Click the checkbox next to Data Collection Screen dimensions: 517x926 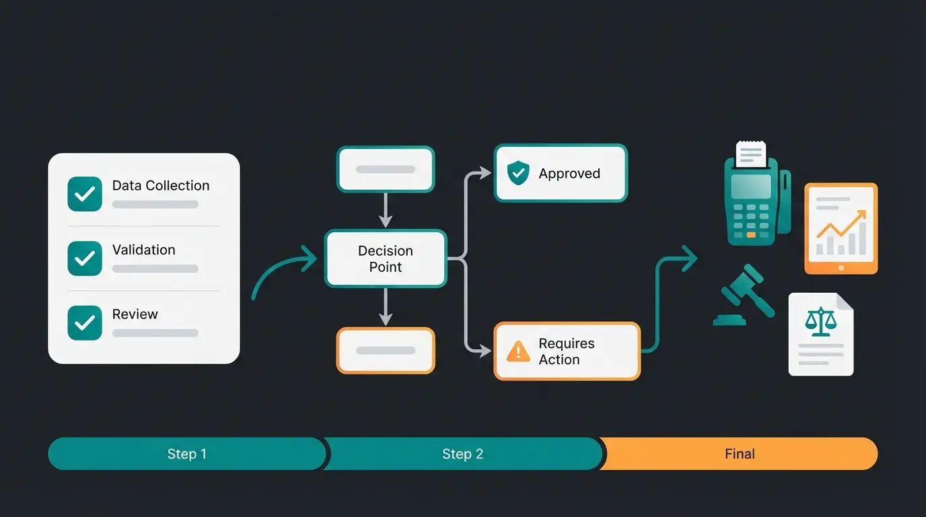point(85,195)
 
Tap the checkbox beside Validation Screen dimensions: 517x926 point(85,258)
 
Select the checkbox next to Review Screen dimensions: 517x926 point(85,323)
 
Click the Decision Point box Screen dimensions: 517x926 point(386,258)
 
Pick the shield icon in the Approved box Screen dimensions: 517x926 point(518,174)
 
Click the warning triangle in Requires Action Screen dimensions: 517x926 point(518,351)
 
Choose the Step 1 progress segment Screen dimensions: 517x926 point(186,454)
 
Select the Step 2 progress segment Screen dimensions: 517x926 point(463,454)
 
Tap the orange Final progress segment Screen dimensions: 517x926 point(740,454)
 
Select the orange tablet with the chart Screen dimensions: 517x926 point(841,229)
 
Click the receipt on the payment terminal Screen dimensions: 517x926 point(751,153)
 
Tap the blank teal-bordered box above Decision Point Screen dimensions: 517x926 point(386,169)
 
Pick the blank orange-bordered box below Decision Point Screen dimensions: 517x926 point(386,350)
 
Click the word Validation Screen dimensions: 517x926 point(143,250)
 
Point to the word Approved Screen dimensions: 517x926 point(569,174)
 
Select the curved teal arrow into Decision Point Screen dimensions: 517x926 point(283,269)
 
